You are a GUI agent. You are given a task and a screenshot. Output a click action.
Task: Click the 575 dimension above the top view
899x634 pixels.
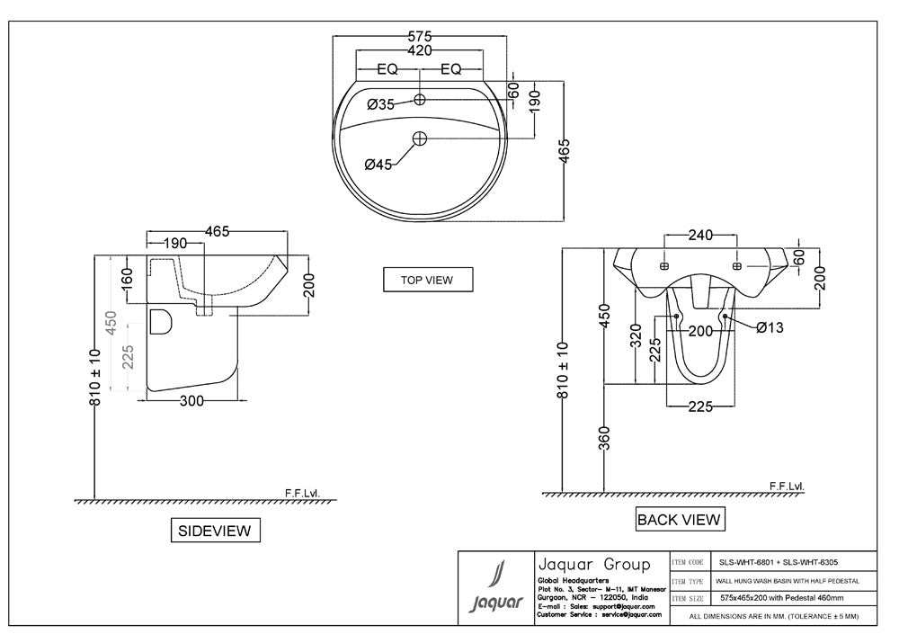(x=420, y=37)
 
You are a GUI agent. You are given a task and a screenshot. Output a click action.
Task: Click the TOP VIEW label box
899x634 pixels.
(x=427, y=280)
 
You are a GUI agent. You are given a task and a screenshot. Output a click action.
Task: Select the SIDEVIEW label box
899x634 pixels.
(x=215, y=531)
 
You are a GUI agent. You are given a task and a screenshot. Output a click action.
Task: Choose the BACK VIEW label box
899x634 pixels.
(x=679, y=519)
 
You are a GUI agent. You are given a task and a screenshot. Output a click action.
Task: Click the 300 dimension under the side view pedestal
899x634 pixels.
(x=192, y=401)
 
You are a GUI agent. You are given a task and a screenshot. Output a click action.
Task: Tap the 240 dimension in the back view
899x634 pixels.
(x=700, y=236)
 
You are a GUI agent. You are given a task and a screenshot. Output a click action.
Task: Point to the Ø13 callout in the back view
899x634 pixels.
(x=770, y=328)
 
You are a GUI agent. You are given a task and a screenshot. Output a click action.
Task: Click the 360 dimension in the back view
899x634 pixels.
(x=605, y=438)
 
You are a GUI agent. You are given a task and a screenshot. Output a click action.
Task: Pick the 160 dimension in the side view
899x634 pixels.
(x=127, y=279)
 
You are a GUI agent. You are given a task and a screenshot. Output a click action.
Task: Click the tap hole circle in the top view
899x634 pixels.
(x=420, y=98)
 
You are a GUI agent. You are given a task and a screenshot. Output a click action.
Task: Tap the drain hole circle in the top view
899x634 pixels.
(x=420, y=138)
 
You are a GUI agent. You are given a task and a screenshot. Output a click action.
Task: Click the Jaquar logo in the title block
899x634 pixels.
(x=496, y=589)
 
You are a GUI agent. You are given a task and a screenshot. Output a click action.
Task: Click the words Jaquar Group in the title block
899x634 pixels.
(x=592, y=565)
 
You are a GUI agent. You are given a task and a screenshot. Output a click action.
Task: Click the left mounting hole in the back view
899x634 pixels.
(x=663, y=267)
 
